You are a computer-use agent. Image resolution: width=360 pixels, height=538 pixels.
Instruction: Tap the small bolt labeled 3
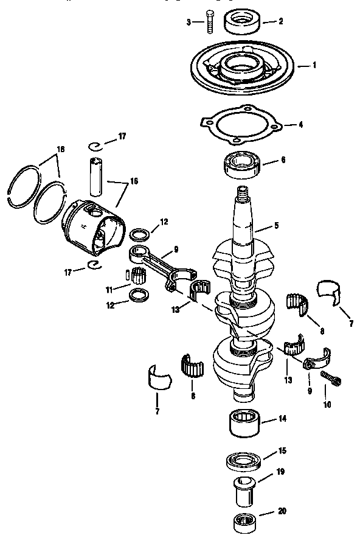click(210, 21)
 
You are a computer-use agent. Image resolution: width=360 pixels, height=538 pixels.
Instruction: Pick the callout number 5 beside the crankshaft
click(276, 225)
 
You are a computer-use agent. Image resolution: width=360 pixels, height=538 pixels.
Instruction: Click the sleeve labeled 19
click(246, 489)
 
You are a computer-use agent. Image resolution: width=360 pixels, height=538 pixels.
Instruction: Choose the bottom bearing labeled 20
click(246, 521)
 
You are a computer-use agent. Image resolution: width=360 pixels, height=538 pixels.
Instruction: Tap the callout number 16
click(134, 181)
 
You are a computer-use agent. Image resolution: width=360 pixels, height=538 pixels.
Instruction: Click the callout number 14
click(282, 419)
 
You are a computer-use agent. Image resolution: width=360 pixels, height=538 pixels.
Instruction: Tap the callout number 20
click(282, 511)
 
